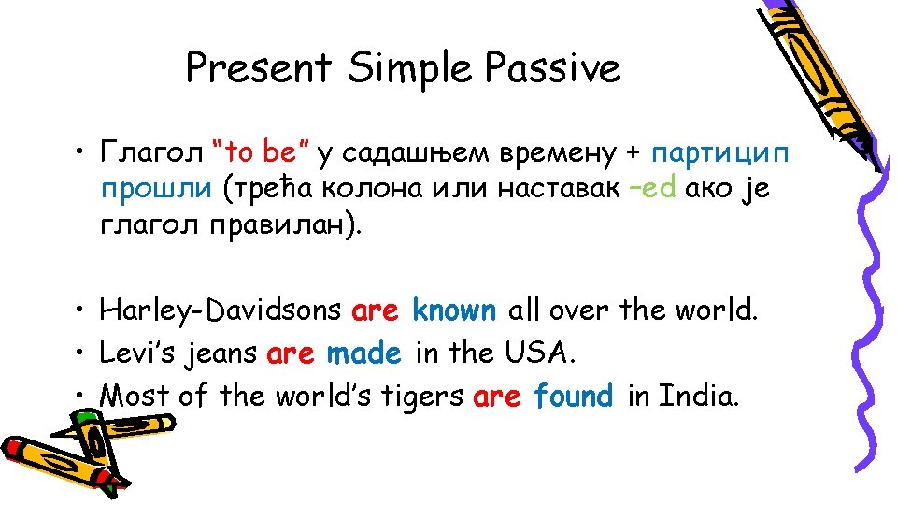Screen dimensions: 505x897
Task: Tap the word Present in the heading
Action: coord(258,67)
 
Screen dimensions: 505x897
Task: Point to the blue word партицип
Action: coord(720,151)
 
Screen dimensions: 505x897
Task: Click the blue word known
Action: coord(454,310)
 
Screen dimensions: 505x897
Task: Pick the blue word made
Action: coord(363,353)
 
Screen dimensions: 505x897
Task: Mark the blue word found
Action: coord(573,397)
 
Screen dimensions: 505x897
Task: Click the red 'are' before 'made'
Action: coord(290,354)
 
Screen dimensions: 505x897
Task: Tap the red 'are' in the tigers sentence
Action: coord(496,397)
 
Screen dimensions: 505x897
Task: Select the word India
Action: coord(698,397)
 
